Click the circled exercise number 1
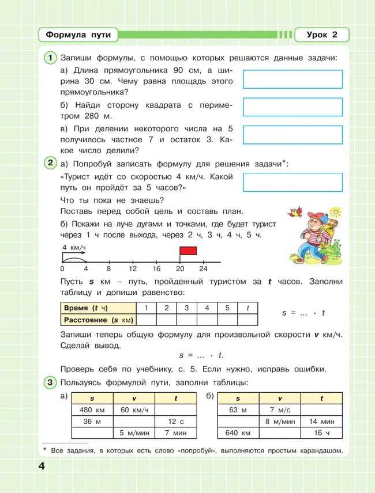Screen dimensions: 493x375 (x=50, y=57)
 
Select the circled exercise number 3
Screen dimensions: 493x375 (x=50, y=382)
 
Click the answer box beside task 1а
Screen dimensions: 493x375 (x=292, y=79)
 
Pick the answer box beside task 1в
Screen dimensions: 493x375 (x=292, y=135)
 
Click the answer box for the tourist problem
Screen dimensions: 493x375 (x=292, y=182)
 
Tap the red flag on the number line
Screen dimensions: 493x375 (x=188, y=251)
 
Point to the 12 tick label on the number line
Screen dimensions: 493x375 (x=133, y=269)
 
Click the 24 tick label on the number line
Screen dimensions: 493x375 (x=203, y=269)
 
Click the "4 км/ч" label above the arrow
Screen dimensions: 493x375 (x=74, y=248)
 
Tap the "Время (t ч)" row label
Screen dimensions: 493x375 (x=85, y=308)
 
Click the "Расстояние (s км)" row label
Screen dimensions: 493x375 (x=98, y=320)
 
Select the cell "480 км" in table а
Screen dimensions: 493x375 (x=91, y=410)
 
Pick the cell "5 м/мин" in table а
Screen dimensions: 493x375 (x=134, y=433)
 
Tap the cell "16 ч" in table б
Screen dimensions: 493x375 (x=321, y=433)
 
